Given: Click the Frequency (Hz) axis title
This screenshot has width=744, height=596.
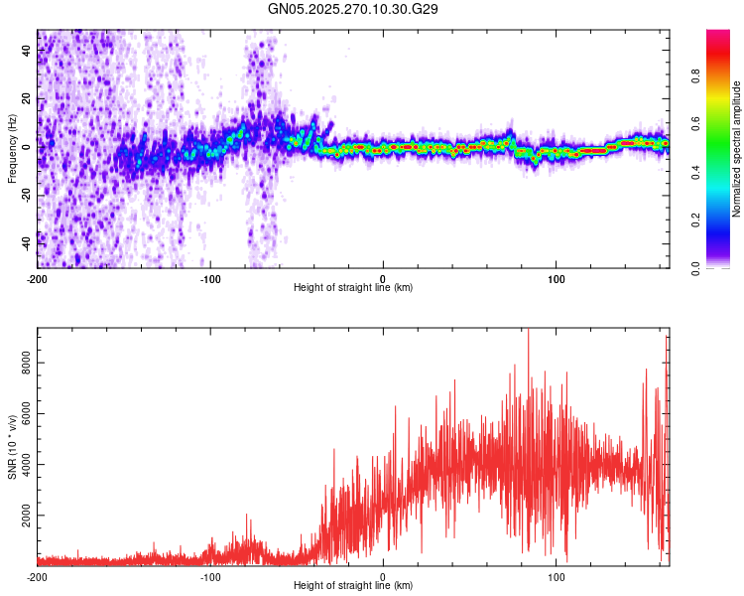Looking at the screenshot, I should click(12, 148).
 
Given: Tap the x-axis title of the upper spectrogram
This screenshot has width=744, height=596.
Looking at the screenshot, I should click(353, 288).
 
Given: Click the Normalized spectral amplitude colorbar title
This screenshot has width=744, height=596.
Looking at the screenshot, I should click(736, 149).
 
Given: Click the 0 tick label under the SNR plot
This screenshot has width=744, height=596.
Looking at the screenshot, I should click(384, 577).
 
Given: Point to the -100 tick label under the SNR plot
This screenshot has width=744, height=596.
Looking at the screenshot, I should click(210, 577).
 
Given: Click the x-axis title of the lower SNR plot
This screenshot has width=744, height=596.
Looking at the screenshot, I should click(353, 586).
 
